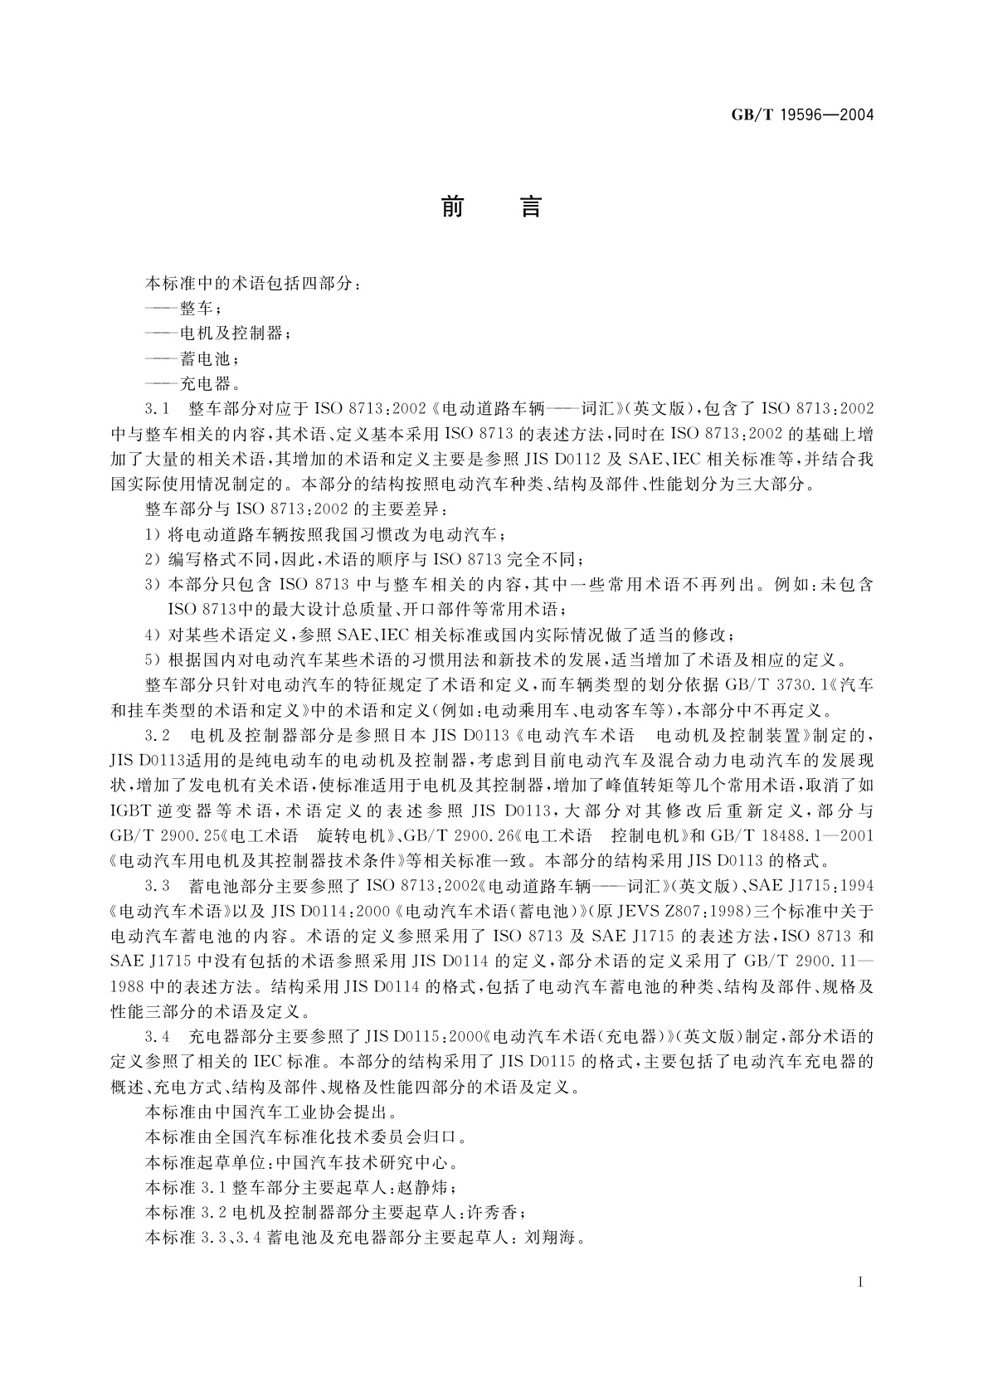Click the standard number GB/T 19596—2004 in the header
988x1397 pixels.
pyautogui.click(x=802, y=114)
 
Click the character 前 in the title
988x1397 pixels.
pyautogui.click(x=452, y=207)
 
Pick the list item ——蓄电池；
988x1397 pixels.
pyautogui.click(x=192, y=358)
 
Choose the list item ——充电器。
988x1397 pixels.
pyautogui.click(x=192, y=383)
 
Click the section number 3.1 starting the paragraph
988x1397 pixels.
pyautogui.click(x=157, y=409)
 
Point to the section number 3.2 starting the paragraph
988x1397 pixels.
pyautogui.click(x=157, y=736)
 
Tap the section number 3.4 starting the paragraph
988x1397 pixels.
pyautogui.click(x=157, y=1037)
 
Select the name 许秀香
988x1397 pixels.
pyautogui.click(x=493, y=1213)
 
